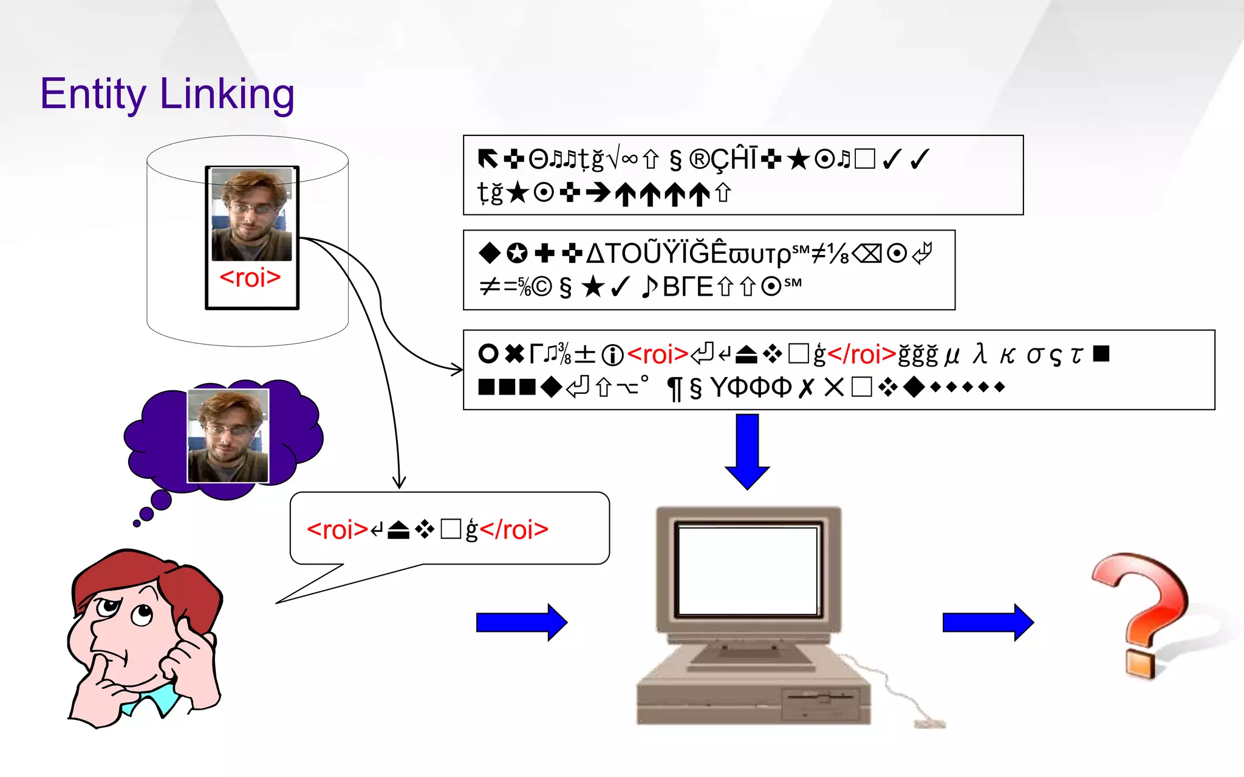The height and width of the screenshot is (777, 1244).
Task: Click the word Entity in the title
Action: tap(92, 95)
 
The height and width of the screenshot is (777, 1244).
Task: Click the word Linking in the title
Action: tap(227, 95)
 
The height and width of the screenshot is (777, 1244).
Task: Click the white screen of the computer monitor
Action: tap(748, 571)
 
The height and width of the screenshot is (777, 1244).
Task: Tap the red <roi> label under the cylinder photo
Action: tap(250, 278)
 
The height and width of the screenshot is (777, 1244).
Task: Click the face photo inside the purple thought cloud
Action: tap(228, 436)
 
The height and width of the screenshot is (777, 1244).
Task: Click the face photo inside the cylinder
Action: tap(252, 214)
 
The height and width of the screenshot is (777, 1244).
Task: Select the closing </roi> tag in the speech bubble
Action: tap(514, 530)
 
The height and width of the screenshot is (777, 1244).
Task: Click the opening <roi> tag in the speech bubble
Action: tap(338, 530)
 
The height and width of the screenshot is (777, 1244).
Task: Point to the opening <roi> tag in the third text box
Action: tap(657, 354)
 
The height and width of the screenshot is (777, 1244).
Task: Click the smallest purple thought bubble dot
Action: tap(137, 523)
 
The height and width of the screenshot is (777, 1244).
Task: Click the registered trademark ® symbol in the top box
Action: tap(699, 160)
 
